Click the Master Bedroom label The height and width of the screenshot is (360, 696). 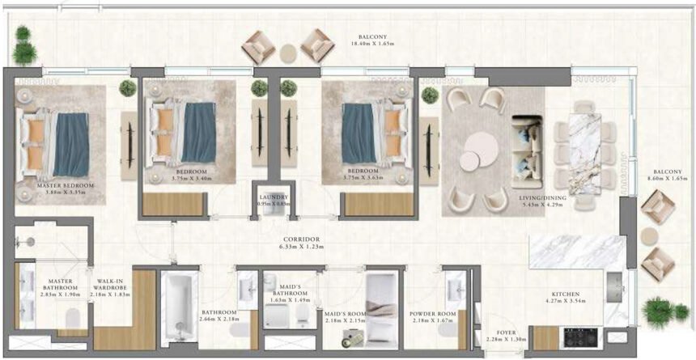tap(66, 185)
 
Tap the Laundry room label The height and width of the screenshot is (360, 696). tap(274, 197)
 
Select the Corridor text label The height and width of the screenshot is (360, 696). tap(301, 239)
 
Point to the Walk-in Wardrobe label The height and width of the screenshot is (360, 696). tap(109, 282)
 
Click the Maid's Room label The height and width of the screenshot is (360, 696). tap(346, 312)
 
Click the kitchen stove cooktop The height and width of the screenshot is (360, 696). tap(580, 334)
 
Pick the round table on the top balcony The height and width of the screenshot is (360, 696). tap(288, 53)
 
